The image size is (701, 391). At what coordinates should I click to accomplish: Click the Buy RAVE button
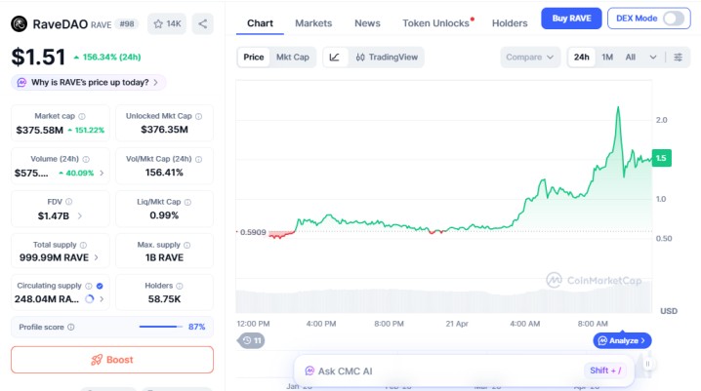coord(571,18)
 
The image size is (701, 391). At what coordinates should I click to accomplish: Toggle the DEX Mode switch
coord(674,18)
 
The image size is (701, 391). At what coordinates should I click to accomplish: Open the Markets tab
coord(313,22)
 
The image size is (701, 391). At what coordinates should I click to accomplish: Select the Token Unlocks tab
coord(436,22)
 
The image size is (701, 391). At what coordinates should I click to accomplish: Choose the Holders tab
coord(510,22)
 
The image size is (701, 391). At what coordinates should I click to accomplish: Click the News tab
coord(367,22)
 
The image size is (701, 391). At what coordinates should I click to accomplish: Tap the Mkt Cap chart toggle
coord(293,57)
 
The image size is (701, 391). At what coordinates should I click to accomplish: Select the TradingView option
coord(388,57)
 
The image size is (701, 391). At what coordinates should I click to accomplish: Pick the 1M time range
coord(607,57)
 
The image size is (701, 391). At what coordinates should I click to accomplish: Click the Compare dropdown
coord(531,57)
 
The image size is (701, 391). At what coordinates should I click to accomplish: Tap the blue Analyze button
coord(621,340)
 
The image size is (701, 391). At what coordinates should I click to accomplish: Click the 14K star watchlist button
coord(168,23)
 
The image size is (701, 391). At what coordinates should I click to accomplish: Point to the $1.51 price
coord(38,57)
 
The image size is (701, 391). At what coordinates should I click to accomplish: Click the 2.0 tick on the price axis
coord(662,120)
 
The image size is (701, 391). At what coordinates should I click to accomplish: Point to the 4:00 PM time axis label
coord(320,323)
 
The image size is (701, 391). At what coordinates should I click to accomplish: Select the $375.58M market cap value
coord(39,130)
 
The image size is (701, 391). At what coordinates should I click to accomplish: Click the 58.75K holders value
coord(164,298)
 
